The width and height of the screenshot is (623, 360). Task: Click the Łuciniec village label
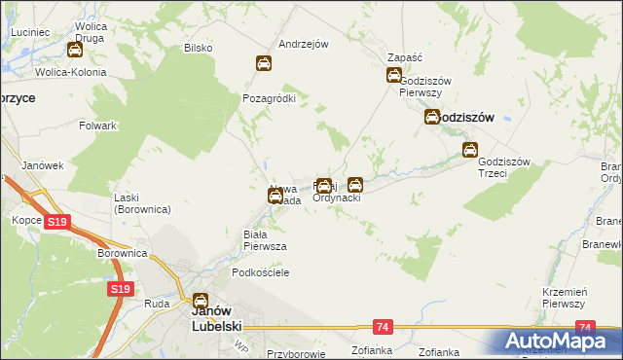[x=30, y=32]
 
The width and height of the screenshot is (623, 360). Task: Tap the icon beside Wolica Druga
[x=75, y=51]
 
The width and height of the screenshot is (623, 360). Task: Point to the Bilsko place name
[x=198, y=47]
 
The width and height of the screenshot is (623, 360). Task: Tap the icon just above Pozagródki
[x=263, y=64]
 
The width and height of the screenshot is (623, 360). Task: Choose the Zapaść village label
[x=403, y=57]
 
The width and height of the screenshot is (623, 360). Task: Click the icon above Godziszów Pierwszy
[x=393, y=76]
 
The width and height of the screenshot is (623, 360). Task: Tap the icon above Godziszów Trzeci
[x=470, y=150]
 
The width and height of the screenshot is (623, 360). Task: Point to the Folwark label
[x=98, y=126]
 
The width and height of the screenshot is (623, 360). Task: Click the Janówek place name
[x=43, y=165]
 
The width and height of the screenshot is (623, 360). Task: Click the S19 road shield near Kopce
[x=57, y=223]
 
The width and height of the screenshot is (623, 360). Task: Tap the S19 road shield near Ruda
[x=121, y=290]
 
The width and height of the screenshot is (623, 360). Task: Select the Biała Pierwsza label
[x=264, y=240]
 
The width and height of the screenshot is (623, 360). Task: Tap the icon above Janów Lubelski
[x=201, y=302]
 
